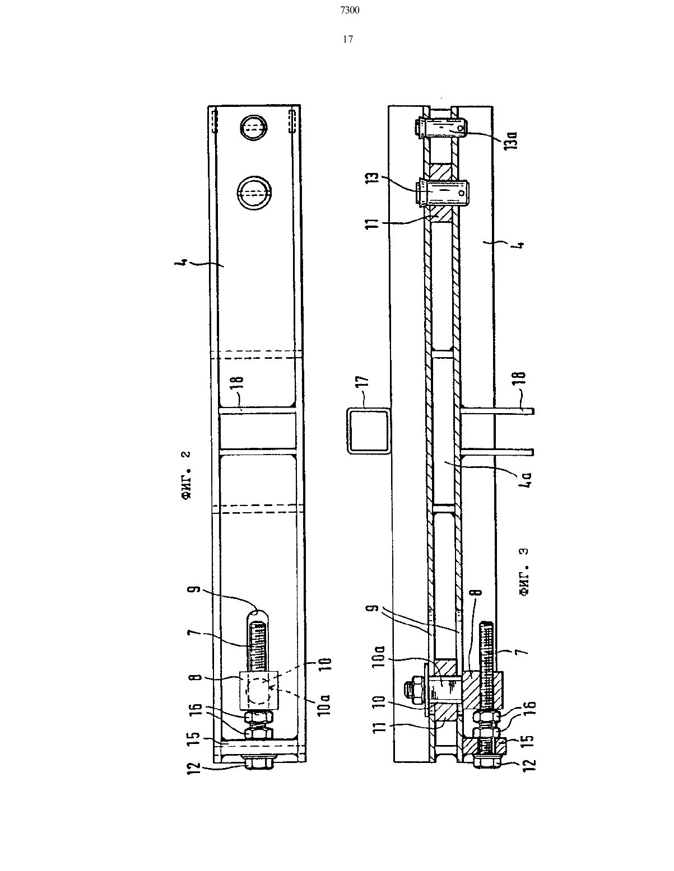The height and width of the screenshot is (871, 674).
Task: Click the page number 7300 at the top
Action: point(350,11)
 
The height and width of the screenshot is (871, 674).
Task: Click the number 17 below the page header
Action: point(348,39)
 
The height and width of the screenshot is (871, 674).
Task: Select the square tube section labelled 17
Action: point(368,431)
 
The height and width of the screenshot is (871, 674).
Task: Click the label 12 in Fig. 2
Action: point(194,767)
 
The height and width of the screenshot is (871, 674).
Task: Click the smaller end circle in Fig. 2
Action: point(253,128)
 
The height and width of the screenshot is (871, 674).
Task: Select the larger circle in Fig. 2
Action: point(254,193)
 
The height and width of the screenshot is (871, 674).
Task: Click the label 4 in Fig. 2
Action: point(183,263)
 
